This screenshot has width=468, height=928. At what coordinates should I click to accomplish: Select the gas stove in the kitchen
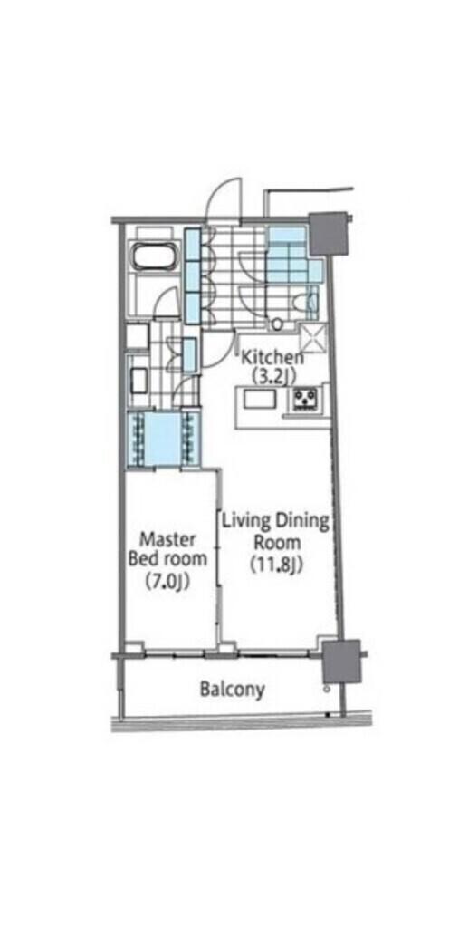point(304,400)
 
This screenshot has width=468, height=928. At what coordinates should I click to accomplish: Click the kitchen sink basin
point(256,398)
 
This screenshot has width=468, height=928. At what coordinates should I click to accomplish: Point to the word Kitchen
point(271,357)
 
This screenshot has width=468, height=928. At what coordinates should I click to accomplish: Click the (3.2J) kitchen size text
point(272,375)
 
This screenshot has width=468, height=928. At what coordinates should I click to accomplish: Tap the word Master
point(167,539)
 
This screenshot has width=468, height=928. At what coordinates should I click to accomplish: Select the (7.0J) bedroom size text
point(167,582)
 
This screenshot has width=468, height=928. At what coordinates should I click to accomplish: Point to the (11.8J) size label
point(275,565)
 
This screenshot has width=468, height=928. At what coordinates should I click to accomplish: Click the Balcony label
point(233,690)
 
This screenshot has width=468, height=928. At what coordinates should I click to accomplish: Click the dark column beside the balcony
point(341,661)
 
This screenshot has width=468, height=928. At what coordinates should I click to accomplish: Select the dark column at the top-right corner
point(328,233)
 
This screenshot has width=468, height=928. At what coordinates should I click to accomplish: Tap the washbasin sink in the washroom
point(139,380)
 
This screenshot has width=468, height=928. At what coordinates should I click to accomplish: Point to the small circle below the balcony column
point(326,690)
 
